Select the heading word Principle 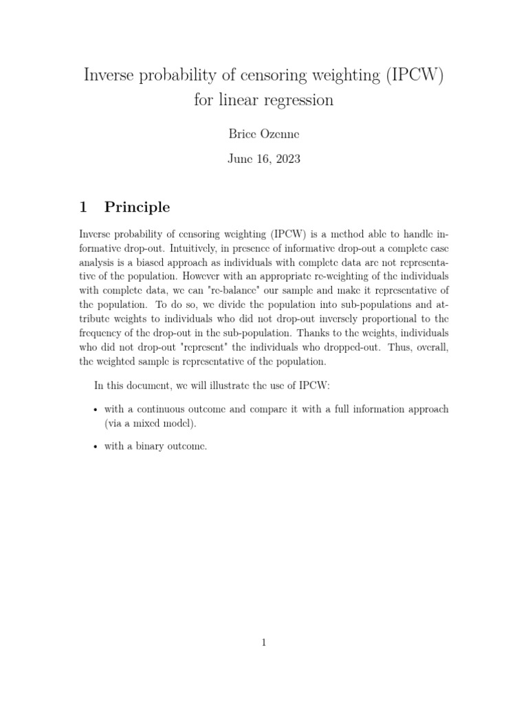tap(137, 208)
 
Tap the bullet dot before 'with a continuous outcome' tap(94, 410)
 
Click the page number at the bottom tap(264, 643)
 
